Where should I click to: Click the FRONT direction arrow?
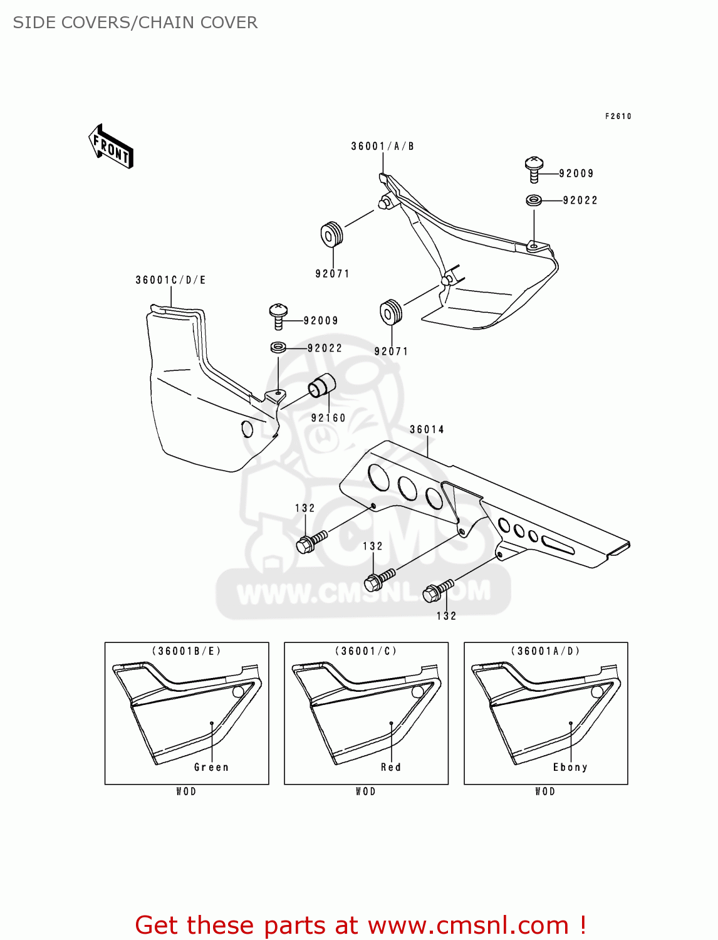(x=111, y=147)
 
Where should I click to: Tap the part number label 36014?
(x=427, y=429)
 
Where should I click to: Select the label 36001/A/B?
(x=382, y=146)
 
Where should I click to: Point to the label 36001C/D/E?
(x=170, y=280)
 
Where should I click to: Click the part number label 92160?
(x=328, y=418)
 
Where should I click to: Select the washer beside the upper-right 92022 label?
(x=533, y=200)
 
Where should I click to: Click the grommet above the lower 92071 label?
(x=391, y=313)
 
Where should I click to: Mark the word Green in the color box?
(x=211, y=767)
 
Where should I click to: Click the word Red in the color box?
(x=390, y=767)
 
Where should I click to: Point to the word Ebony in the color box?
(x=570, y=767)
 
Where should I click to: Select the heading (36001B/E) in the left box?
(x=187, y=651)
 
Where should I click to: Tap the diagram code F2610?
(x=618, y=116)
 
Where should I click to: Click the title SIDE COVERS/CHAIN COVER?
(x=135, y=23)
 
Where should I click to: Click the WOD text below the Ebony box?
(x=545, y=791)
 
